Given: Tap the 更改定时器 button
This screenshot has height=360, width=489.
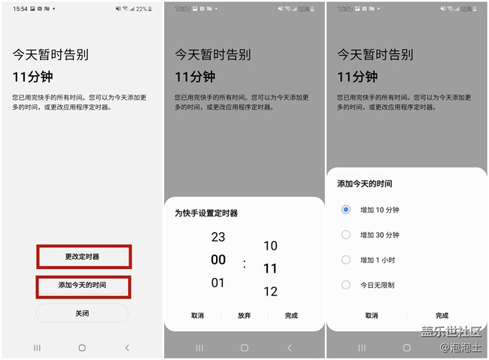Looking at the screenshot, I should click(82, 256).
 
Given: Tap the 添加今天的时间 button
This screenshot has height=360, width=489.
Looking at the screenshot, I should click(82, 286).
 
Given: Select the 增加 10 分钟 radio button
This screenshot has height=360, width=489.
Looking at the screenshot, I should click(346, 210).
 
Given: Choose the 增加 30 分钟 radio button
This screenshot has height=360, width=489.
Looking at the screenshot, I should click(346, 235).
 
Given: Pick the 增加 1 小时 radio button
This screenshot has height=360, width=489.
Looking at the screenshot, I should click(346, 260).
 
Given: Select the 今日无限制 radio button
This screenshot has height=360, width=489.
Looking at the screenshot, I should click(346, 285).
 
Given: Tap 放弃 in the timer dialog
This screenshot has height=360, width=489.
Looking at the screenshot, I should click(244, 316).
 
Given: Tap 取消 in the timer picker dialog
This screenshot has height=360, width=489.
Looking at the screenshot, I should click(197, 316).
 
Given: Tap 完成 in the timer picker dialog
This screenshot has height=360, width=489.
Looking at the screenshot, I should click(291, 316).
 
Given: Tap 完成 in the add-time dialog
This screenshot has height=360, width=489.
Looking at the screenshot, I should click(442, 316).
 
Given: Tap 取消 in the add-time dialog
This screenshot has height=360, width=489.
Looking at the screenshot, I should click(371, 316).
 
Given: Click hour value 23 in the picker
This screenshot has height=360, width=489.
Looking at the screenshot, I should click(218, 237).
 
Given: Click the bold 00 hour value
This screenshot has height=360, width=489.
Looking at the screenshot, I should click(218, 260).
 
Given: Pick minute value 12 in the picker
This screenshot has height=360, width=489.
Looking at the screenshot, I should click(271, 292).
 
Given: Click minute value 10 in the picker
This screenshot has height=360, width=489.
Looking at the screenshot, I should click(271, 246).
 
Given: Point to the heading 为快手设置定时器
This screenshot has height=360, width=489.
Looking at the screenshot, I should click(206, 213).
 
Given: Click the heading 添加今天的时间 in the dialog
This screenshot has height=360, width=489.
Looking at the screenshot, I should click(365, 183).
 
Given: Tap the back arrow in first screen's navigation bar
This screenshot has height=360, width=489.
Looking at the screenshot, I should click(126, 348).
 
